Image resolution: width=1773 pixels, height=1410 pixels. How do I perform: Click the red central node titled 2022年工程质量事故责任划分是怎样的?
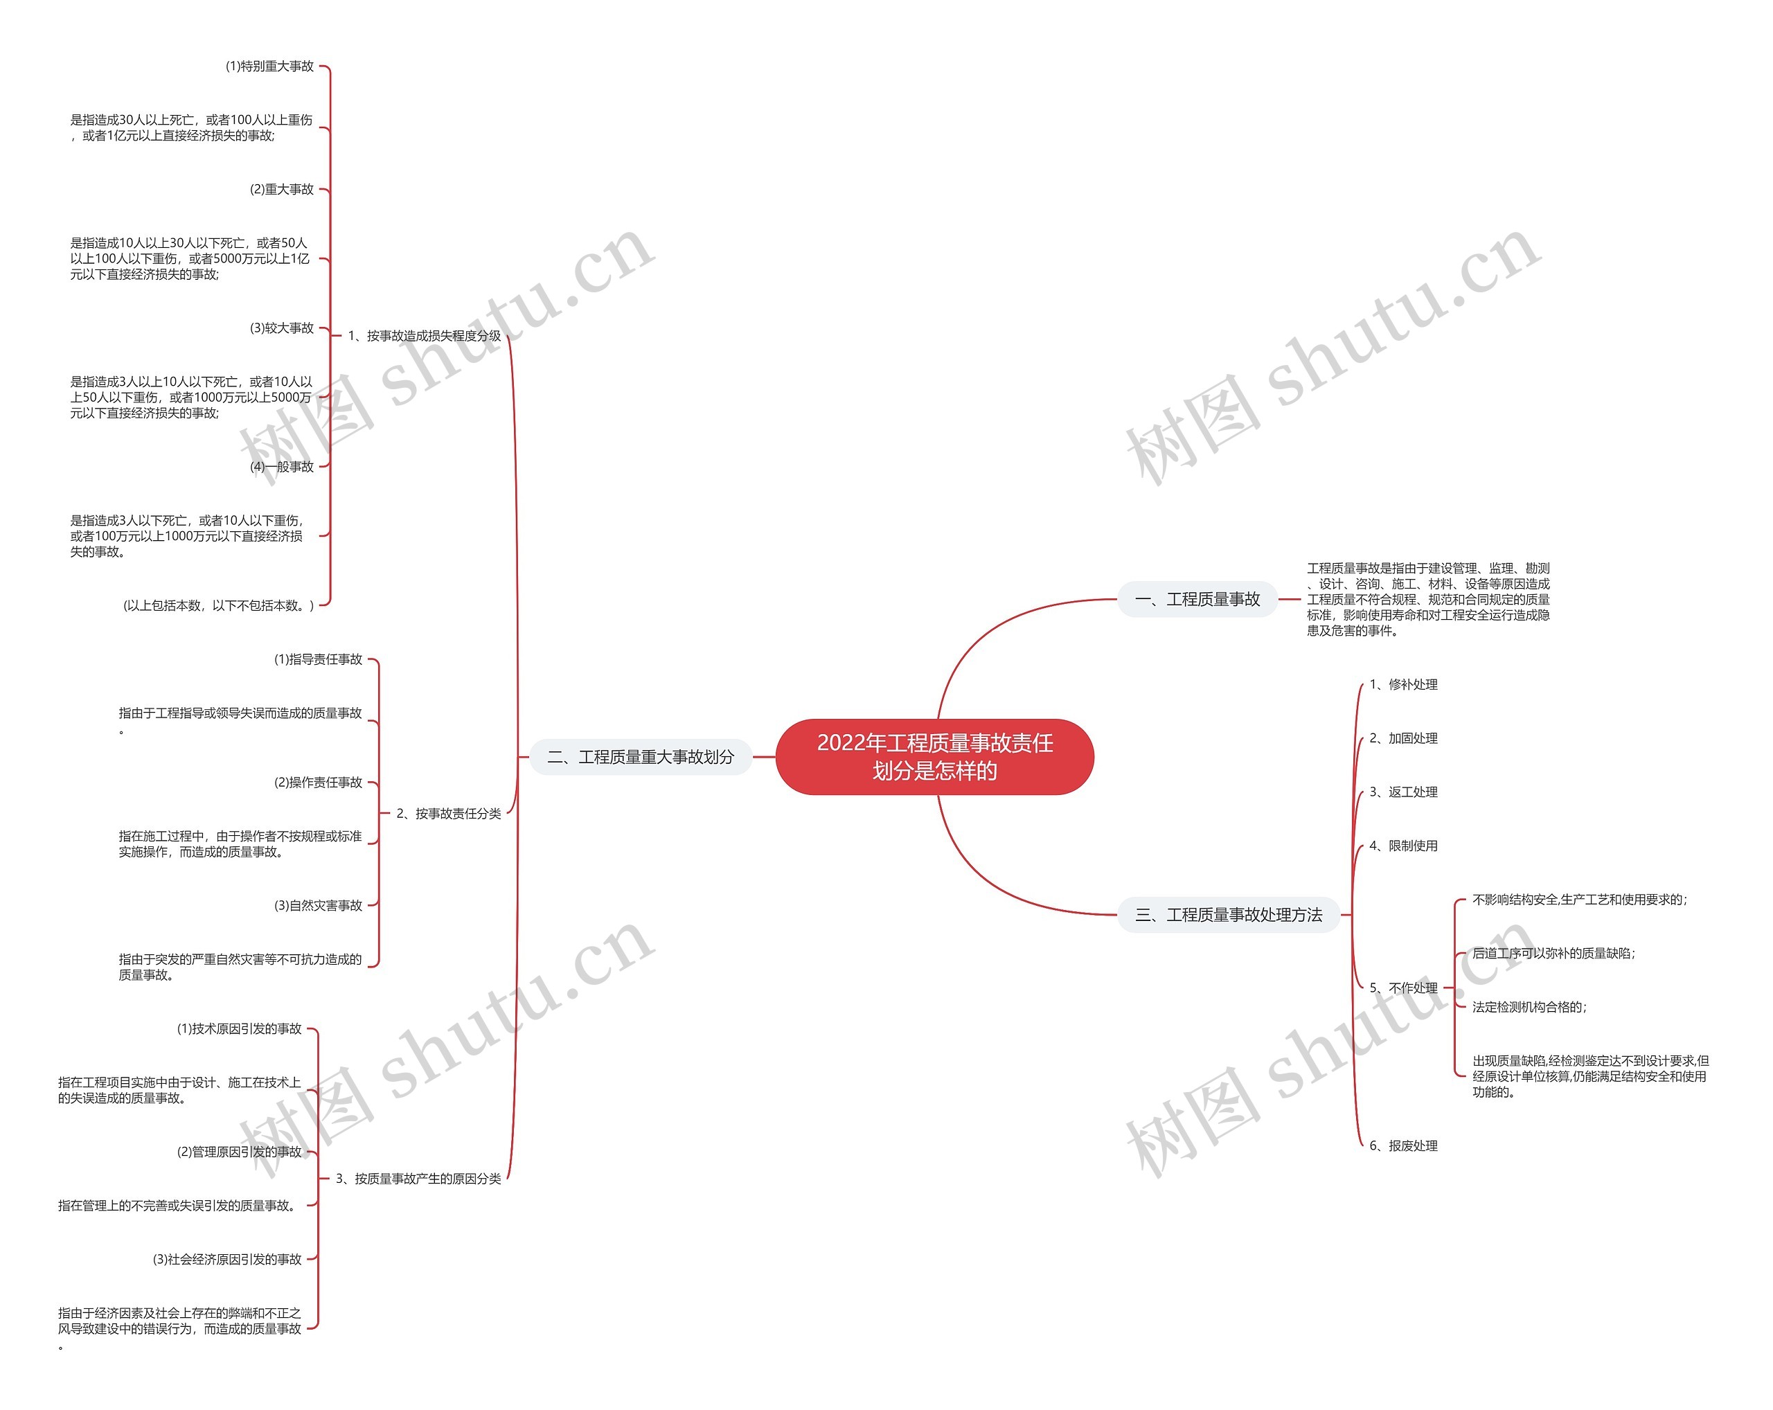[x=934, y=756]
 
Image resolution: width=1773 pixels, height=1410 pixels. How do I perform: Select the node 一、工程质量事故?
[x=1197, y=599]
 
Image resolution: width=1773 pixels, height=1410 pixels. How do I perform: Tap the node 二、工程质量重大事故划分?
[x=641, y=757]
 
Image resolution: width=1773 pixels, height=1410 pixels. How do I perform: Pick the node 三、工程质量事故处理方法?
[x=1229, y=915]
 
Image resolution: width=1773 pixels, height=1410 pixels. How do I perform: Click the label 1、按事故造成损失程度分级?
[x=425, y=335]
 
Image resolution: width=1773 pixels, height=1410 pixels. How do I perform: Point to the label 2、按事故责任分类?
[x=448, y=813]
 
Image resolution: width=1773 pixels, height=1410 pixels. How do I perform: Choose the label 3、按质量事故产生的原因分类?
[x=418, y=1178]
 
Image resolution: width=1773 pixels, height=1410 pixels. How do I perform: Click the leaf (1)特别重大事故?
[x=269, y=66]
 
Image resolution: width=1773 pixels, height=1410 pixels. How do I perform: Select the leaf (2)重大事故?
[x=281, y=189]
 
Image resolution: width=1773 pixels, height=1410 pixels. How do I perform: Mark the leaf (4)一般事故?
[x=281, y=466]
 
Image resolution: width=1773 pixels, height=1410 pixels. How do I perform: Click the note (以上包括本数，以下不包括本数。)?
[x=219, y=605]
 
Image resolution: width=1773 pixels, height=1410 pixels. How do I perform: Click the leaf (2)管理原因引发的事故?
[x=240, y=1152]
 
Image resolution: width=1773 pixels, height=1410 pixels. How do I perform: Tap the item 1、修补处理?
[x=1403, y=684]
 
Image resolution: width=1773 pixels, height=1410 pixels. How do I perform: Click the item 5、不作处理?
[x=1403, y=988]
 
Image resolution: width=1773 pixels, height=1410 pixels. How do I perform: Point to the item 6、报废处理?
[x=1403, y=1145]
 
